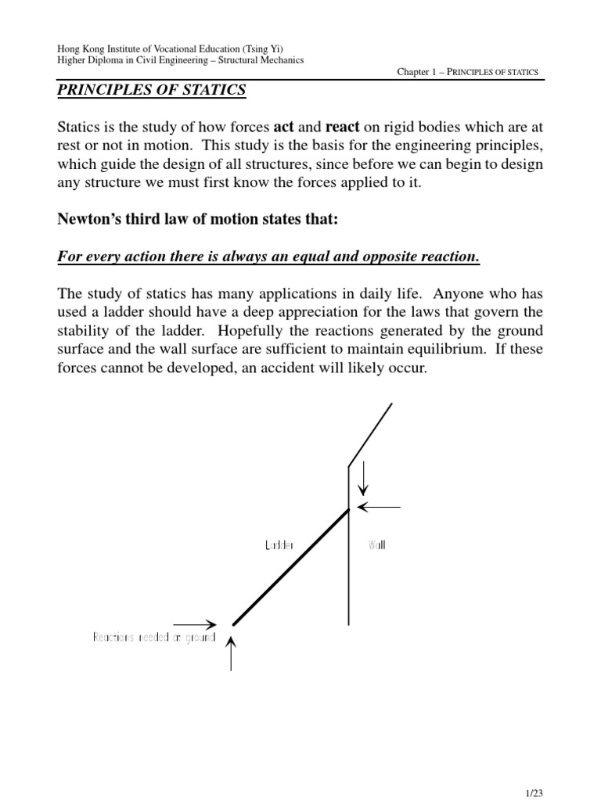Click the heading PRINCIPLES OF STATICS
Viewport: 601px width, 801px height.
[152, 91]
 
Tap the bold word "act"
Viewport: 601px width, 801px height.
[285, 127]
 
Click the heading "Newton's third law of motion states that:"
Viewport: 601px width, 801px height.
[198, 220]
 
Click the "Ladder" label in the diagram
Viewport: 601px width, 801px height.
[279, 545]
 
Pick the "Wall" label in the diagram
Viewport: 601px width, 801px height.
[376, 545]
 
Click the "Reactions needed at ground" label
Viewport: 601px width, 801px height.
[154, 638]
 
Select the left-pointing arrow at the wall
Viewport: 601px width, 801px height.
[379, 507]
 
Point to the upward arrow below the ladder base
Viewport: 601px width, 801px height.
[232, 654]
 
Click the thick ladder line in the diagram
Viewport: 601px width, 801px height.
[291, 566]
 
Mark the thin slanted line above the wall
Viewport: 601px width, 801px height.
[370, 435]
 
